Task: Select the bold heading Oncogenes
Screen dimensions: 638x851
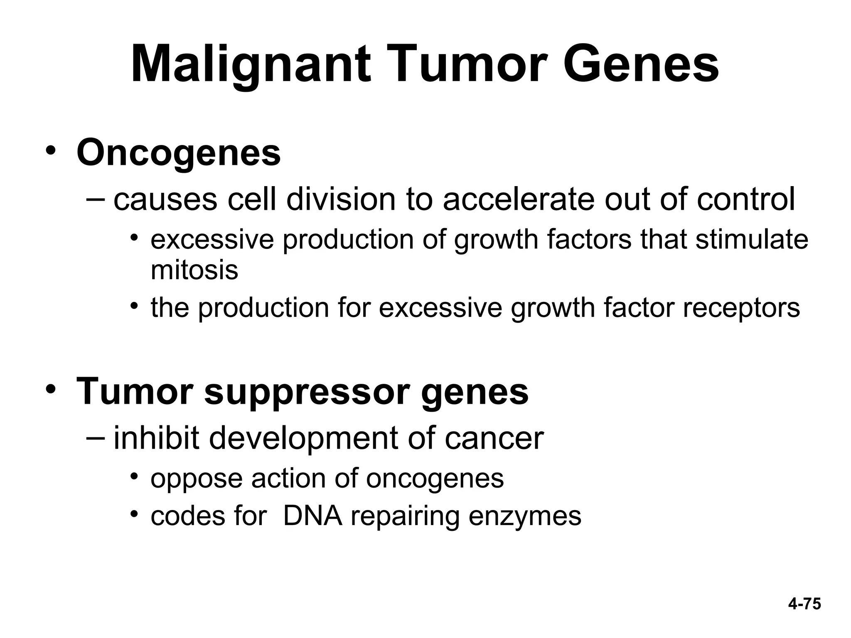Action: click(179, 153)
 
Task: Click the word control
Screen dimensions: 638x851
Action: click(746, 199)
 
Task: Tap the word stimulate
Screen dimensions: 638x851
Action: click(752, 240)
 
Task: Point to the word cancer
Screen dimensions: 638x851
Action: click(494, 439)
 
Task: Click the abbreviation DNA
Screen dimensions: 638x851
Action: click(312, 516)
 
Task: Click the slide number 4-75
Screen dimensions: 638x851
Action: click(804, 604)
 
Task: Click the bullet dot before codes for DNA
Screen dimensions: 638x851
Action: click(133, 514)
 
